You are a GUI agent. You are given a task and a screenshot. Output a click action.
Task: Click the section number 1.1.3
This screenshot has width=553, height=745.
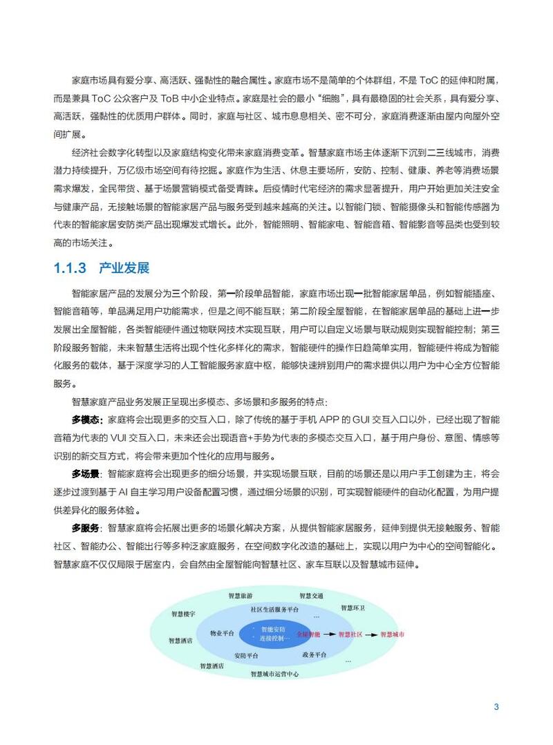click(69, 268)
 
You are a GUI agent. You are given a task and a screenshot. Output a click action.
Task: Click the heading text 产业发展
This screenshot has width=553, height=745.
click(124, 268)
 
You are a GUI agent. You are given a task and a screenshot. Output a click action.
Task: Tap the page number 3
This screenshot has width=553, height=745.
click(496, 706)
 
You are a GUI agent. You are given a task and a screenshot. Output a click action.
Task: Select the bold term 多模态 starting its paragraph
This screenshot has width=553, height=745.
click(86, 419)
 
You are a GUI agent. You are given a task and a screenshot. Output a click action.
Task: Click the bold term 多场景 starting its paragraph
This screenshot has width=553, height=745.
click(86, 474)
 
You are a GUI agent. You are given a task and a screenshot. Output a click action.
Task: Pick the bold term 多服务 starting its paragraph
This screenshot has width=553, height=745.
click(86, 528)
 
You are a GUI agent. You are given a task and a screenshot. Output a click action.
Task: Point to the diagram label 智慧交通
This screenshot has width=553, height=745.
click(311, 596)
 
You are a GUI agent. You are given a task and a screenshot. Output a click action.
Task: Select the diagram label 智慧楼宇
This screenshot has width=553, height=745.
click(183, 614)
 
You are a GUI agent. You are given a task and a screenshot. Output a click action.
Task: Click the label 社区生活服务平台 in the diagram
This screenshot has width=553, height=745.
click(275, 610)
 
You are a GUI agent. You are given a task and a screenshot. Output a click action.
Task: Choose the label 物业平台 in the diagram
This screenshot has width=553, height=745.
click(222, 633)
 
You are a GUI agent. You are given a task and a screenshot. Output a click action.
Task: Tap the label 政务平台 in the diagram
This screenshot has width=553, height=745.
click(315, 654)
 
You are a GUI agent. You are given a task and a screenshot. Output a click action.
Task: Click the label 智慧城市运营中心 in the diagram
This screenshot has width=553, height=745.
click(274, 674)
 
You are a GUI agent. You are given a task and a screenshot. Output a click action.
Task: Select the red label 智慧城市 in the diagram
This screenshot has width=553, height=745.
click(393, 634)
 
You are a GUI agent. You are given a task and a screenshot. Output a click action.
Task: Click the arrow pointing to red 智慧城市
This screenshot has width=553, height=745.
click(371, 634)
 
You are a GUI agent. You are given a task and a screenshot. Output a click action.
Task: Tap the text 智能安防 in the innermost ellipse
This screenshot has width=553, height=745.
click(273, 629)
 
